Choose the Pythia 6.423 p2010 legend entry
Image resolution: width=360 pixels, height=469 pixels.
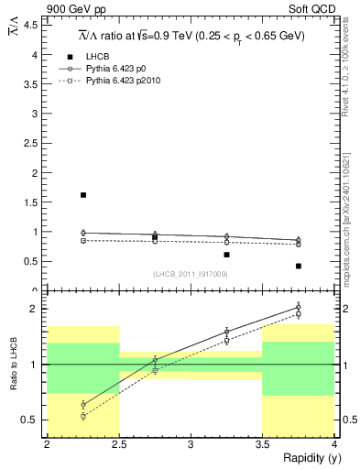point(127,81)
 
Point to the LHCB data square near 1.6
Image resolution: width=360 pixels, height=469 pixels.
point(83,195)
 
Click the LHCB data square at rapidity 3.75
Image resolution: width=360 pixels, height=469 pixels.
point(299,266)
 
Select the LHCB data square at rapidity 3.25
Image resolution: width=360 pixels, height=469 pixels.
point(227,255)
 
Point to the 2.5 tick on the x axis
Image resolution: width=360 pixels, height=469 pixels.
point(119,444)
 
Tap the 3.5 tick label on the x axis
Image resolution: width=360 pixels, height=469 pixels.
point(263,444)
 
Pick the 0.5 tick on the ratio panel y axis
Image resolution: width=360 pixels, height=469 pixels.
point(30,420)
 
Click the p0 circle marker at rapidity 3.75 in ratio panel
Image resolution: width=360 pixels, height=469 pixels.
point(299,308)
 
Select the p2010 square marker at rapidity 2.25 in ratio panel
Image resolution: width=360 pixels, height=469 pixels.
point(83,416)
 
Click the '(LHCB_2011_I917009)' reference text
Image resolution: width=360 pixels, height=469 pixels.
point(191,274)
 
